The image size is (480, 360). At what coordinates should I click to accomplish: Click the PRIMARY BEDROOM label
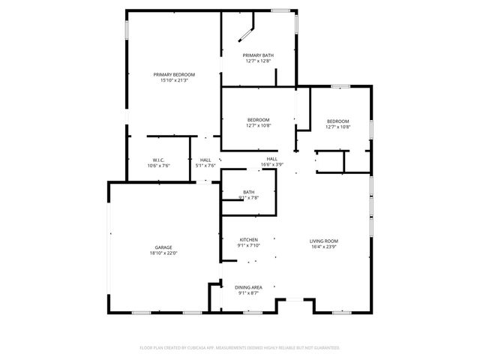174,74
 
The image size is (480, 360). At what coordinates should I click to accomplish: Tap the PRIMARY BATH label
258,55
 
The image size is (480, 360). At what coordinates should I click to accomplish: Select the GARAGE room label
163,247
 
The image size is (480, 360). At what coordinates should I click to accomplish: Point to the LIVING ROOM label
325,241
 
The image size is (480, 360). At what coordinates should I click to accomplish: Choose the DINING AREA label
248,287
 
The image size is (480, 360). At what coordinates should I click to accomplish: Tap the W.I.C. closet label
158,160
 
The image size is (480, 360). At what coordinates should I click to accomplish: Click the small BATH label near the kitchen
248,192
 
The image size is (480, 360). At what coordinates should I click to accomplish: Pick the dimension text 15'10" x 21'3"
174,80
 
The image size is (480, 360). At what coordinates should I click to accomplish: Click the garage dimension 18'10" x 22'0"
163,253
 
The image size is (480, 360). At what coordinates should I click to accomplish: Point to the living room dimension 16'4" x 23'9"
325,247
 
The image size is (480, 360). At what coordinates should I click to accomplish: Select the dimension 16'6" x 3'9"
271,165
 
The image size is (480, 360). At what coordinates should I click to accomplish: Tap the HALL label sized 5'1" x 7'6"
205,160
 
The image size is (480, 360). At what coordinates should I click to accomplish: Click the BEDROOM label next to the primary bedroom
258,120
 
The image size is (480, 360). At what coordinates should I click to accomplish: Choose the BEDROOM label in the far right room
337,121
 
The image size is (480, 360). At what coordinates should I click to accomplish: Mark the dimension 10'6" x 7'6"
158,165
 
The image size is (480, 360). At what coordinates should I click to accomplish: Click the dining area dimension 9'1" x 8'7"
248,293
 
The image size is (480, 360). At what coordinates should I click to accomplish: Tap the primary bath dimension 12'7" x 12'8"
258,61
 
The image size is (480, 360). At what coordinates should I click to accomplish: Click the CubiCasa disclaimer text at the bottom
240,348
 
